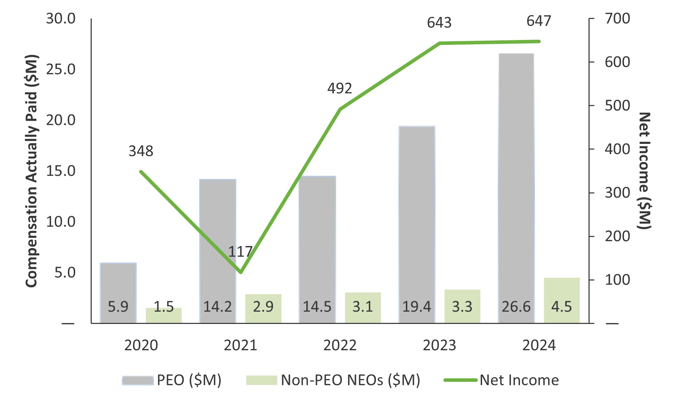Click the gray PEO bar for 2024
516,175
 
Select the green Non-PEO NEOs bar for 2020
164,315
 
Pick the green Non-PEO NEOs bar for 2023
462,305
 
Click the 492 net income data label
339,88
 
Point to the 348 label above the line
141,151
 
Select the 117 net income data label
240,252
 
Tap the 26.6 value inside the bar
516,307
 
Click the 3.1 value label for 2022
363,307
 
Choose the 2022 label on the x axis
340,345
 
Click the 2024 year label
539,345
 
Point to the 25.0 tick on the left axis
61,69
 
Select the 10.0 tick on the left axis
61,222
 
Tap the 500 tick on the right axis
617,106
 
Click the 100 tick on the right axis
617,280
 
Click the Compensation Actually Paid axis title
31,171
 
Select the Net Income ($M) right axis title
645,171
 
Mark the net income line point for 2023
440,43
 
